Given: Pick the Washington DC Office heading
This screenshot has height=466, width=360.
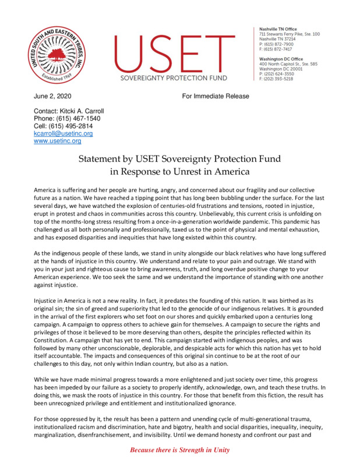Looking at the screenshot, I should coord(281,59).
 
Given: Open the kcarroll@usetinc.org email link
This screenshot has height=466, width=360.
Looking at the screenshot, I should coord(63,133).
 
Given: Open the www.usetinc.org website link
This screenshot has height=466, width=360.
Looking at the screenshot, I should coord(58,141).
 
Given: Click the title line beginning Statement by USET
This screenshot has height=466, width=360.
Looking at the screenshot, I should coord(180,159).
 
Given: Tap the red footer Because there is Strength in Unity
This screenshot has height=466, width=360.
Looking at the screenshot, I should coord(179,450).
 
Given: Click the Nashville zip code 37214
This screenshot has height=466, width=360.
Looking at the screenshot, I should coord(294,40).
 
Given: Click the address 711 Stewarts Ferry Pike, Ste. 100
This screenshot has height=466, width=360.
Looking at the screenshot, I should coord(289,35).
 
